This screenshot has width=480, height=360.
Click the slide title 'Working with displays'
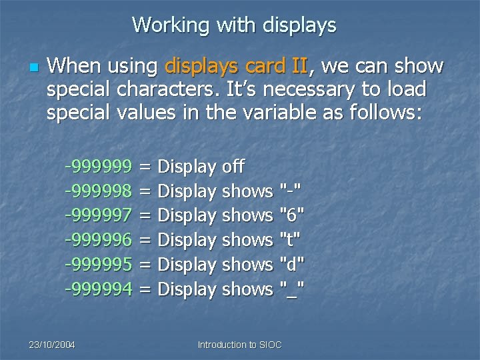tap(234, 25)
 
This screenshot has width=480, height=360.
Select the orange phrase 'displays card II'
tap(235, 66)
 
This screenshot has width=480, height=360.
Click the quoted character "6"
tap(292, 215)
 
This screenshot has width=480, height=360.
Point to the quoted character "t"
tap(291, 240)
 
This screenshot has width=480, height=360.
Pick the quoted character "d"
tap(292, 265)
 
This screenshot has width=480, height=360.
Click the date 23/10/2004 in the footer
tap(51, 345)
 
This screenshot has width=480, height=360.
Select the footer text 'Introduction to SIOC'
tap(240, 345)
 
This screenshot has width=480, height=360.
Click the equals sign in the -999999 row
tap(145, 167)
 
